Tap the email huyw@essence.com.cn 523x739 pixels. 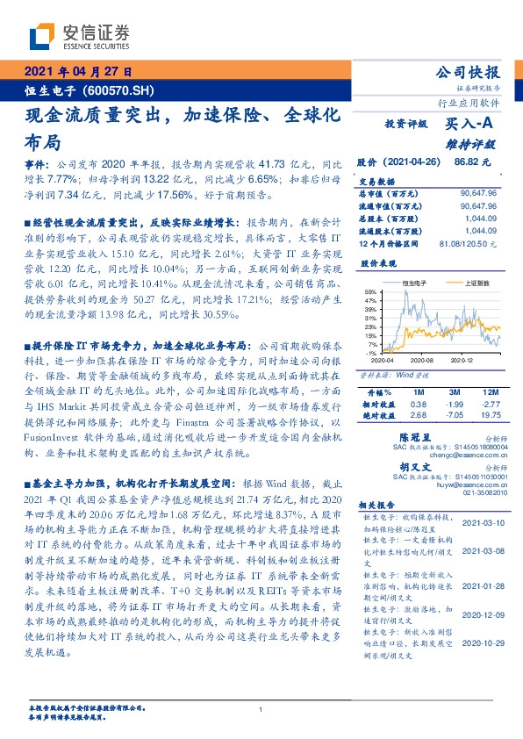tap(472, 484)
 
